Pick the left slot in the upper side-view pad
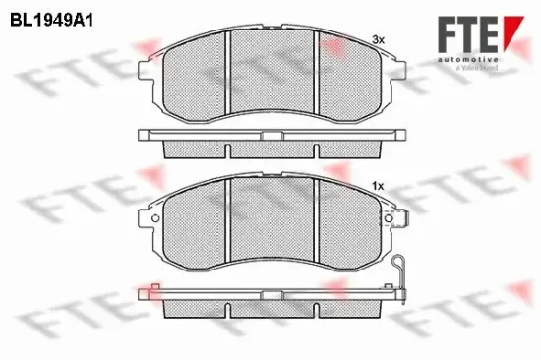[x=227, y=150]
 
